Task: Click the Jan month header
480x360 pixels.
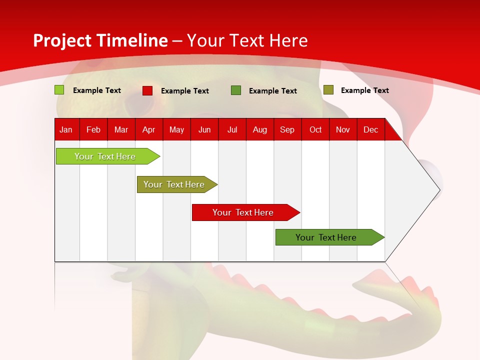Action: point(66,129)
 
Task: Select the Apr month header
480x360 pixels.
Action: point(149,129)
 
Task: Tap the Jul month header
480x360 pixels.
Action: point(232,129)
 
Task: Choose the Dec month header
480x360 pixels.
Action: point(371,129)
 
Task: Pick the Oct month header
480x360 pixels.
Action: point(315,129)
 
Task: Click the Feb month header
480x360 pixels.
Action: point(93,129)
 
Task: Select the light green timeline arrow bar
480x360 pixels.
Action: point(108,156)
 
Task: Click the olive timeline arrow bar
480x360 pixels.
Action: point(177,184)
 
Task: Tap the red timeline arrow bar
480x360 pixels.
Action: point(246,212)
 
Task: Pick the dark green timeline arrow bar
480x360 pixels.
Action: point(330,237)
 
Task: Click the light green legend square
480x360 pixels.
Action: point(59,90)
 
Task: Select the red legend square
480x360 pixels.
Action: point(147,90)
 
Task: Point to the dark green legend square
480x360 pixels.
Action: point(236,90)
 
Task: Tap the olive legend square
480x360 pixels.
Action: point(328,89)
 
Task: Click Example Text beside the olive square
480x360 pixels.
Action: point(365,90)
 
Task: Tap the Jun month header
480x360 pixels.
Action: point(204,129)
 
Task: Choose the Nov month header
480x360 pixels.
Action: point(343,129)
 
